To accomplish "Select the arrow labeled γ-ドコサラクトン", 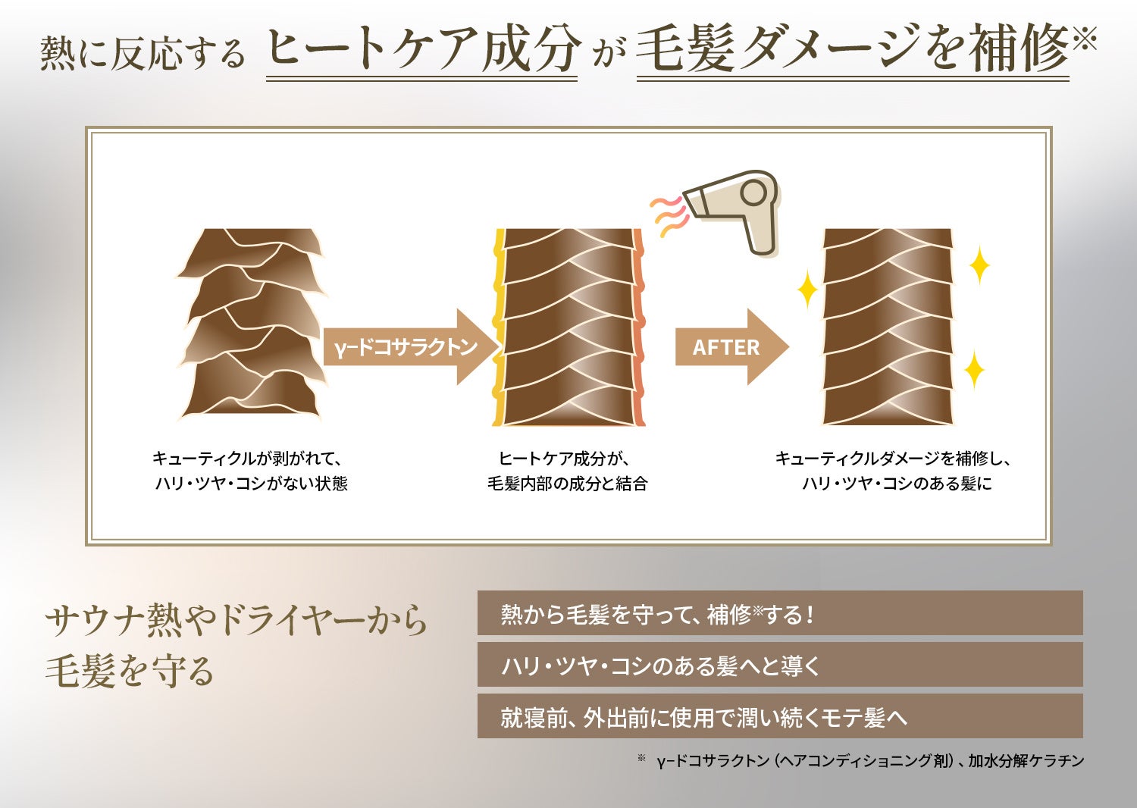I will coord(409,347).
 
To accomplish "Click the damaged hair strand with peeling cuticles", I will coord(252,324).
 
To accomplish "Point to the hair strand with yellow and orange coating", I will coord(568,327).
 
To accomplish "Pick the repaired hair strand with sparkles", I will coord(888,327).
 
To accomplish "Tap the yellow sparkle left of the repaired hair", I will coord(806,291).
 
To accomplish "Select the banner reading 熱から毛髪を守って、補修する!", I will coord(779,614).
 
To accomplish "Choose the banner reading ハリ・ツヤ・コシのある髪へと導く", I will coord(779,666).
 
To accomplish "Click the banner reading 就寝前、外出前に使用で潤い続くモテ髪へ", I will coord(779,717).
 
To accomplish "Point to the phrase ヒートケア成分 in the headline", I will coord(423,49).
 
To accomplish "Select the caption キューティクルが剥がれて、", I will coord(249,459).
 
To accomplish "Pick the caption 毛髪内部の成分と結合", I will coord(567,484).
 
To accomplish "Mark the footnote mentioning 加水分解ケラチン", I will coord(870,760).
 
